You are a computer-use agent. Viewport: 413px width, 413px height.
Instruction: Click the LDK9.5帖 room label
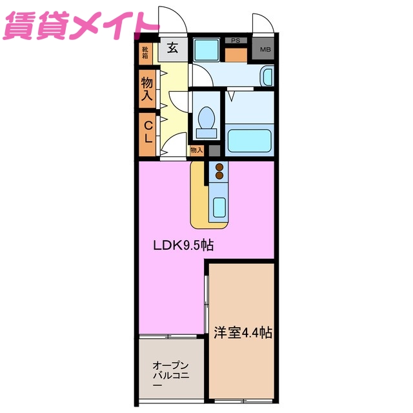click(183, 245)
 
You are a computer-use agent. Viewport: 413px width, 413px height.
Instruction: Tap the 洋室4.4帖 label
click(243, 333)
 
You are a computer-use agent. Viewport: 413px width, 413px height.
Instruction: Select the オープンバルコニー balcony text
click(170, 374)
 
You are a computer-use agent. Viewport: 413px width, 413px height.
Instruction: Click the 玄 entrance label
click(173, 47)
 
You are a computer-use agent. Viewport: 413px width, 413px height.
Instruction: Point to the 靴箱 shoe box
click(146, 50)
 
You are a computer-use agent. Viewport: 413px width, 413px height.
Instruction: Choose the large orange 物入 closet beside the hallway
click(147, 87)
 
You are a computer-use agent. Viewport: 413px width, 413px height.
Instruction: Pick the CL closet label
click(147, 132)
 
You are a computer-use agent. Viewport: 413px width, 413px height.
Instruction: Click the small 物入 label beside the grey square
click(196, 150)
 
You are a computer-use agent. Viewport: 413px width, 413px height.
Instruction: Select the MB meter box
click(265, 50)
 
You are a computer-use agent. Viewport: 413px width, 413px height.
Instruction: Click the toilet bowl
click(206, 119)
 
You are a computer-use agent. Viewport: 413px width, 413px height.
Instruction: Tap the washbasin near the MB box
click(267, 77)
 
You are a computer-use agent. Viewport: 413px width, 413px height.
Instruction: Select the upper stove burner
click(219, 166)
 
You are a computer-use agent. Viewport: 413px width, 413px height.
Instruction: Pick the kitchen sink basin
click(219, 208)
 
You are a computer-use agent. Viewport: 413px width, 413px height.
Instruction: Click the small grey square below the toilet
click(214, 150)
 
